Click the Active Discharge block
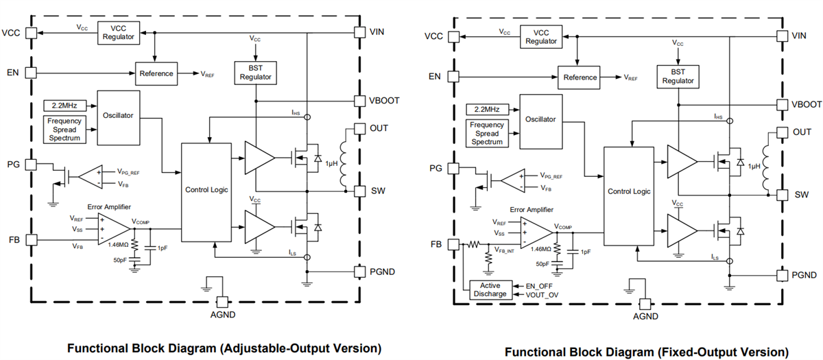490,289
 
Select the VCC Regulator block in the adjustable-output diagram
119,32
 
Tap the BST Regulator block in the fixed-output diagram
678,76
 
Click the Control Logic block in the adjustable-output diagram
206,189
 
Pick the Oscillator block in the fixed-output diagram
542,119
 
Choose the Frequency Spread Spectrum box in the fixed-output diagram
488,134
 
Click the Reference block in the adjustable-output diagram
156,74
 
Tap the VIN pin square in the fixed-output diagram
781,36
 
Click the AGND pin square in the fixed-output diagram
644,303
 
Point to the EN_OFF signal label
539,285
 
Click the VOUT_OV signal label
542,294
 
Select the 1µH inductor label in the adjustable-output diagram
333,164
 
